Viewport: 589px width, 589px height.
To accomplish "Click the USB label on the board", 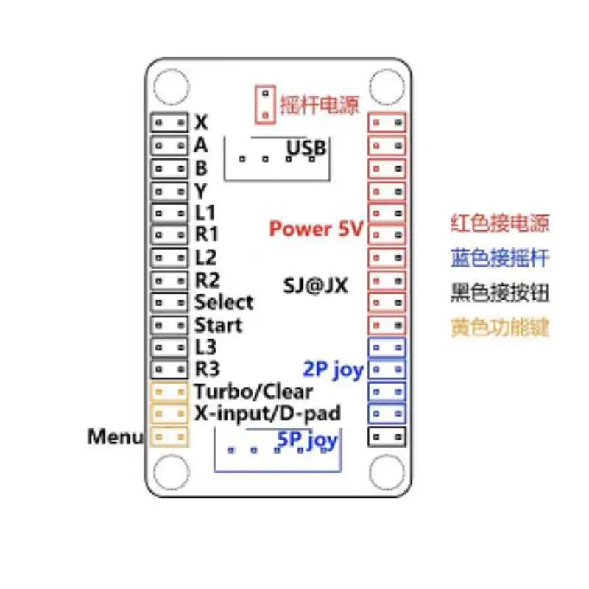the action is pos(306,149).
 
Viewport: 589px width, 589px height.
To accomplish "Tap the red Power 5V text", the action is pos(317,228).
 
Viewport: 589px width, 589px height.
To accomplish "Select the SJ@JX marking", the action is pos(315,285).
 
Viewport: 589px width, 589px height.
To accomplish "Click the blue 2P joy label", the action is pos(333,369).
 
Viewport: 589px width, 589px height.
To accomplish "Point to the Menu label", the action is pos(115,437).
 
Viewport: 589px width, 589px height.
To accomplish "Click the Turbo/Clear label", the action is pos(253,391).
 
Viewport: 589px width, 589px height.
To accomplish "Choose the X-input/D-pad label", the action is pos(267,412).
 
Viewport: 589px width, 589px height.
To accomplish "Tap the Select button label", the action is pos(224,302).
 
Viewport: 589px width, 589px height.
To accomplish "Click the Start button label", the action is pos(218,324).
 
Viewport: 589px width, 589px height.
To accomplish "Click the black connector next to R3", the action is pos(170,369).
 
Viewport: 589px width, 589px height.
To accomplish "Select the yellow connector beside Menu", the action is pos(170,437).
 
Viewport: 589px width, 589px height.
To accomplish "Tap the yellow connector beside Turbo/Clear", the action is pos(170,391).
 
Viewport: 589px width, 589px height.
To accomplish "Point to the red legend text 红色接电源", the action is pos(500,223).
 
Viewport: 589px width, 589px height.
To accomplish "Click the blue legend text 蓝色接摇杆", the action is pos(500,258).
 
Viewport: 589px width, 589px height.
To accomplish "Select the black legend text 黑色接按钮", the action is pos(500,292).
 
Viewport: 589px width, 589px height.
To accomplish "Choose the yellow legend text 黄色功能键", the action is pos(500,328).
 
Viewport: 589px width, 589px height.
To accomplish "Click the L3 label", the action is pos(206,346).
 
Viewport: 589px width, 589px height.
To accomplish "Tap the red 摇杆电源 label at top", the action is pos(319,104).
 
